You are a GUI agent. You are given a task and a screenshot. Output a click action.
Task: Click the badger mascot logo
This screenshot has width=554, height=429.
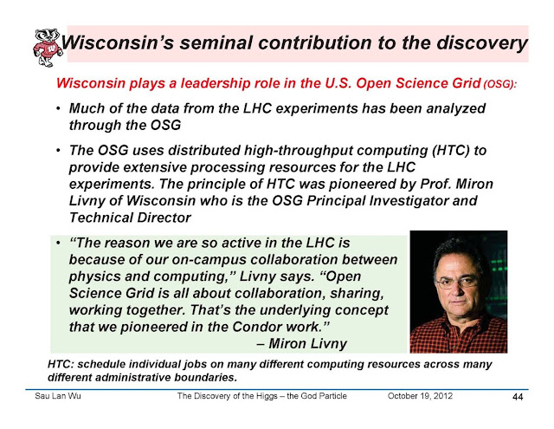[x=48, y=48]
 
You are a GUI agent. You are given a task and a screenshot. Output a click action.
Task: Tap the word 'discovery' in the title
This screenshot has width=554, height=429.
[x=482, y=43]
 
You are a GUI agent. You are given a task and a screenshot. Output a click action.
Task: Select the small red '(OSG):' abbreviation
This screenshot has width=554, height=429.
[x=500, y=85]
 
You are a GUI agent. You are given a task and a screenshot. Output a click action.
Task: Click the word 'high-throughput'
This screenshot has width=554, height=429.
[x=299, y=151]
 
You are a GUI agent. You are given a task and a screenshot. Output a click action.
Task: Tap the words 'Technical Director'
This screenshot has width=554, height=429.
[x=130, y=218]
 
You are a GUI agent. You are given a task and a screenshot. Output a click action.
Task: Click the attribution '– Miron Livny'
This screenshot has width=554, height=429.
[x=302, y=343]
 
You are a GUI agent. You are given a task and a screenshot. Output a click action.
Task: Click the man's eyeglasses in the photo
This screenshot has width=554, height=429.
[x=458, y=282]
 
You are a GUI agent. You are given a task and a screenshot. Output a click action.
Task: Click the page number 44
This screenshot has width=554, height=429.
[x=518, y=397]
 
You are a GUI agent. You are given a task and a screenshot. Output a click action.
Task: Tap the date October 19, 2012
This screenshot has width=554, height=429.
[x=420, y=396]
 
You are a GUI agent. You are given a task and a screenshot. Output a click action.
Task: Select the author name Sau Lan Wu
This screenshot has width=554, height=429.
[x=58, y=396]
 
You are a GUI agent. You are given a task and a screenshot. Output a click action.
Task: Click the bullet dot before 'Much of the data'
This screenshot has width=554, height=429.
[x=58, y=108]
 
